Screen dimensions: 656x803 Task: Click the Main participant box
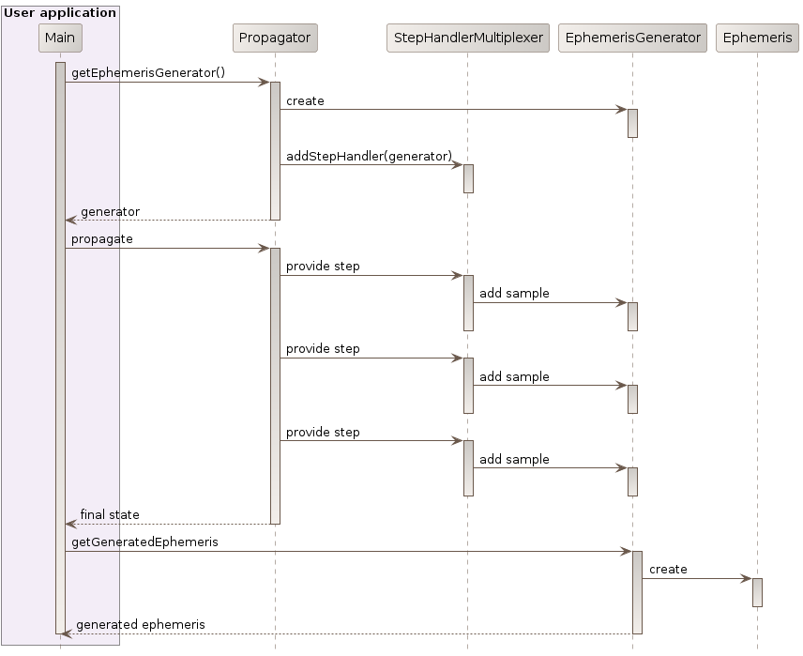[x=60, y=38]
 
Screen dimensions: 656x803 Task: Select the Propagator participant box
[x=275, y=38]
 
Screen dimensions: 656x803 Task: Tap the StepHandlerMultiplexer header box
[x=467, y=38]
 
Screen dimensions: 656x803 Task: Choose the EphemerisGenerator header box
[x=632, y=38]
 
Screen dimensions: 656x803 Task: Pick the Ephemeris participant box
[x=757, y=38]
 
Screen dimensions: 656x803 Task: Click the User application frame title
[x=60, y=12]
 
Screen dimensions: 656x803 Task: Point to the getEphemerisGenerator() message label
[x=148, y=72]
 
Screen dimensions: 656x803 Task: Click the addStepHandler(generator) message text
[x=369, y=156]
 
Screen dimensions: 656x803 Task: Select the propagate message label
[x=102, y=238]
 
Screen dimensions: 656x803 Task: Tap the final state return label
[x=110, y=514]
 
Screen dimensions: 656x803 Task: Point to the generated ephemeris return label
[x=141, y=624]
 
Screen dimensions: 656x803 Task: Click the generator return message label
[x=110, y=211]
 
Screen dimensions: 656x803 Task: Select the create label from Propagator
[x=305, y=100]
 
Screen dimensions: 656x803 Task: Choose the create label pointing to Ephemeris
[x=668, y=569]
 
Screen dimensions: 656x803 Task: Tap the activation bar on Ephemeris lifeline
[x=757, y=592]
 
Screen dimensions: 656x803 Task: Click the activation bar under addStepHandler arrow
[x=468, y=178]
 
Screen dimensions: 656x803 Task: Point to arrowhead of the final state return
[x=70, y=524]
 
